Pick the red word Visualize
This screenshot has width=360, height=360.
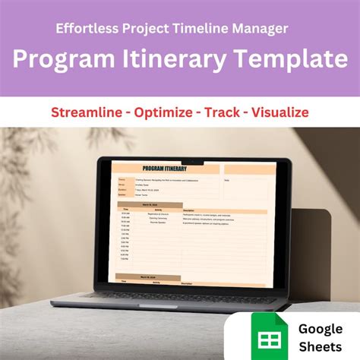pos(282,113)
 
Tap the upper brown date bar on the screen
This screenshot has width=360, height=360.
pos(149,204)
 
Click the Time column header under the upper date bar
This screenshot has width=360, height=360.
pos(126,210)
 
